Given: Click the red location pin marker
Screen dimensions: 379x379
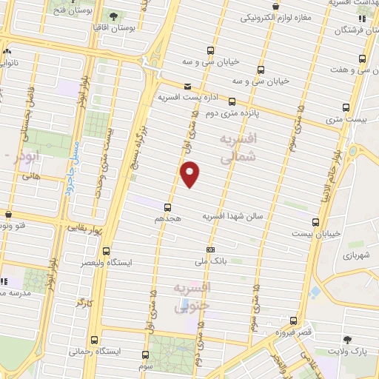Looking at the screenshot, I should point(190,174).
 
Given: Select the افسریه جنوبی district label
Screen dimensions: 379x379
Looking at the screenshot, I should point(195,296).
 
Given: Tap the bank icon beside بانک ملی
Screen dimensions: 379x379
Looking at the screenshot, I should point(211,249).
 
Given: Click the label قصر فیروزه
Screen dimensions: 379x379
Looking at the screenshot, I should point(294,332).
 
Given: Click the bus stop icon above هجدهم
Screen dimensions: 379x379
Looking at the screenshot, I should point(167,207).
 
